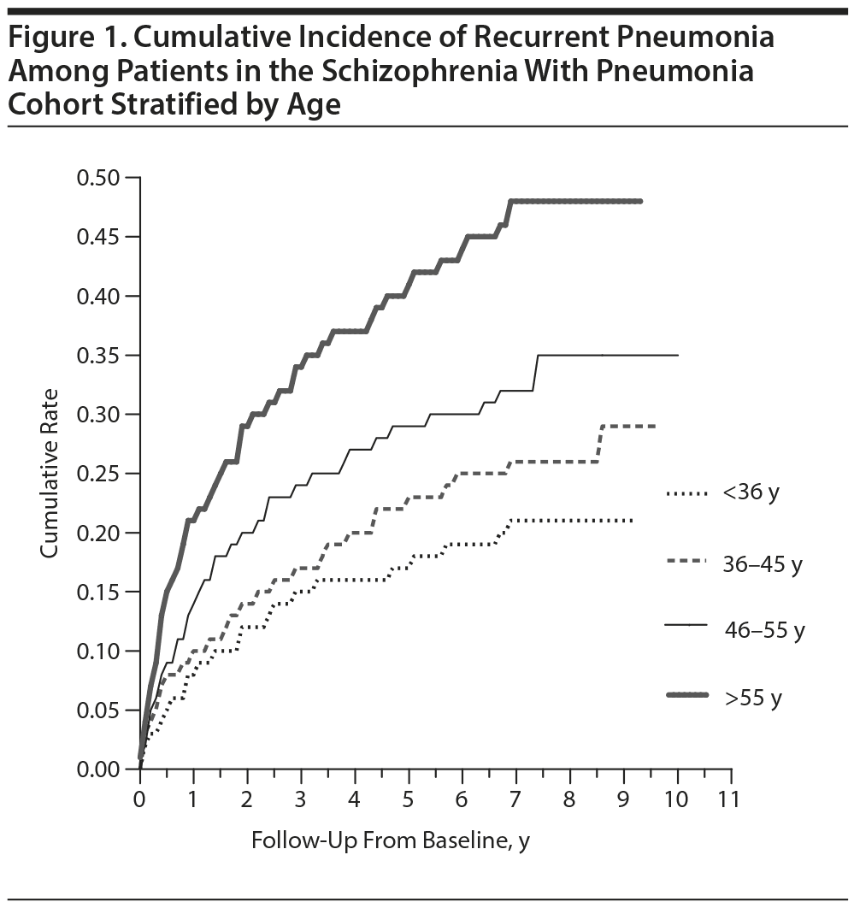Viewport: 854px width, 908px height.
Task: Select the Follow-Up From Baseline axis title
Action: pyautogui.click(x=391, y=841)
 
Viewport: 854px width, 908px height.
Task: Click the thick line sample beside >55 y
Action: pyautogui.click(x=687, y=697)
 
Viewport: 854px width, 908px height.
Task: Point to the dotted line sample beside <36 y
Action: pyautogui.click(x=687, y=492)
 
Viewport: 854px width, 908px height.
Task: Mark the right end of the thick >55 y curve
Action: pyautogui.click(x=640, y=201)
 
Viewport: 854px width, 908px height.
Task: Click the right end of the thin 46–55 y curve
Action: pyautogui.click(x=678, y=355)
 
